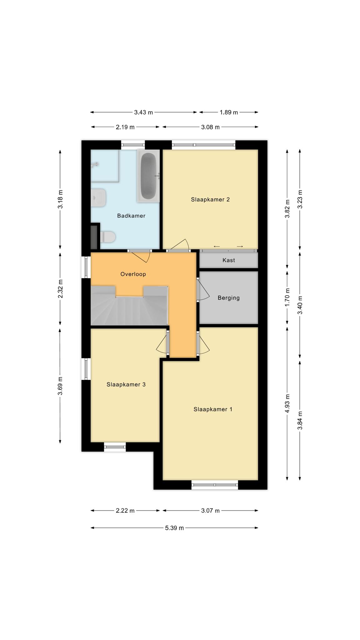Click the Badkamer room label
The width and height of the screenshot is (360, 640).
click(x=131, y=216)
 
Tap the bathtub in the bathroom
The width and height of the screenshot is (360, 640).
click(x=148, y=176)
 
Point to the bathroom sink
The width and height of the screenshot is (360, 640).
click(x=98, y=197)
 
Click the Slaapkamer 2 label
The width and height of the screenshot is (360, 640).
click(x=210, y=199)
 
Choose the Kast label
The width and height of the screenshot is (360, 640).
click(x=229, y=260)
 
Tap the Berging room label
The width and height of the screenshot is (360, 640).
click(x=229, y=298)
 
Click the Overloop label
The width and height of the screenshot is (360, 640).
click(x=133, y=274)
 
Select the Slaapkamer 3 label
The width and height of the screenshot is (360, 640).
click(x=126, y=384)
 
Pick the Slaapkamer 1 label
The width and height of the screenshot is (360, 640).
click(x=213, y=409)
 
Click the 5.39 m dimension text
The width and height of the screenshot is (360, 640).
click(x=174, y=528)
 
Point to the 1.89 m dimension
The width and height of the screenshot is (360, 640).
click(x=229, y=112)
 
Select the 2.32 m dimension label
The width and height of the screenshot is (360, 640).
click(x=60, y=289)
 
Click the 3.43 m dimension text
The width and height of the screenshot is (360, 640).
click(x=143, y=112)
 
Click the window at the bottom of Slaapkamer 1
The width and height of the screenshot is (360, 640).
click(x=215, y=485)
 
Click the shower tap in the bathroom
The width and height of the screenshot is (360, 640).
click(x=95, y=165)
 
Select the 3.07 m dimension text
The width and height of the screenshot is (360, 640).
click(x=210, y=511)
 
